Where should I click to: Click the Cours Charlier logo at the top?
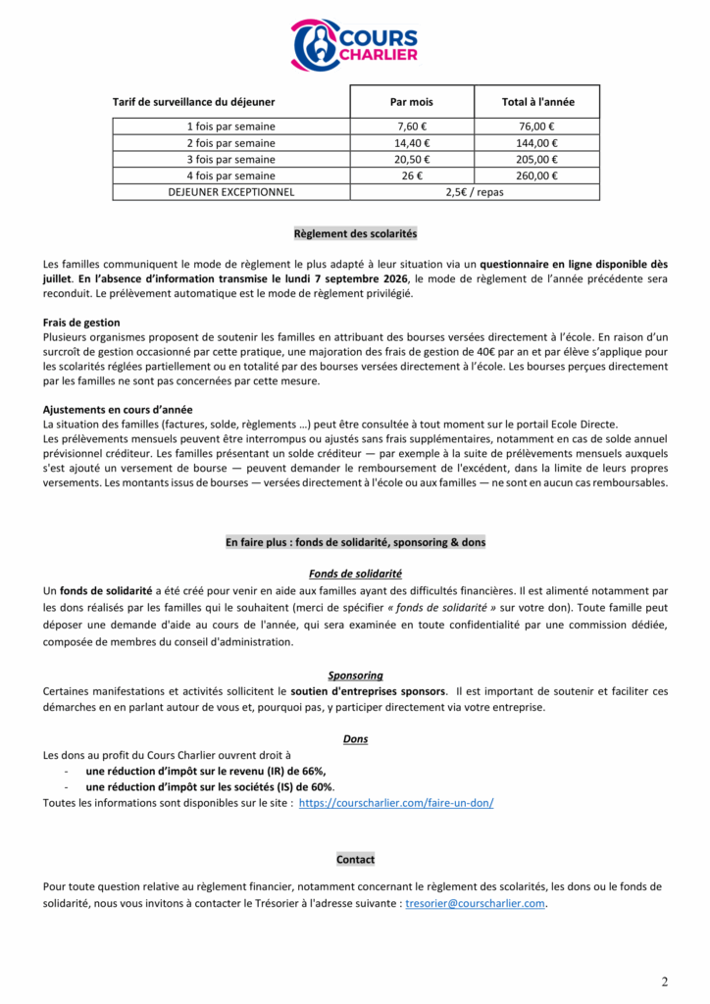click(354, 45)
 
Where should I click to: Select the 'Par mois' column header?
click(412, 102)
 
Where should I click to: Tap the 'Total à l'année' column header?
click(537, 102)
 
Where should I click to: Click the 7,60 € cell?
click(412, 126)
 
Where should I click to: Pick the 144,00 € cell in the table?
click(537, 143)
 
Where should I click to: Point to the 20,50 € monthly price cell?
click(412, 160)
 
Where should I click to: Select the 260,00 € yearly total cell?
click(537, 176)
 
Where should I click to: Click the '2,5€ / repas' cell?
click(475, 192)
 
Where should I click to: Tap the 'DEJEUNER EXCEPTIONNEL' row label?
click(231, 192)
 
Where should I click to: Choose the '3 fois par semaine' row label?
click(231, 160)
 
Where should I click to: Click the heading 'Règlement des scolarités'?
click(355, 234)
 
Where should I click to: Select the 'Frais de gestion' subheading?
click(81, 323)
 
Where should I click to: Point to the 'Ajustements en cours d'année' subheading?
click(118, 410)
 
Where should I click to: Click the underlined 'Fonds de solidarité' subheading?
click(355, 574)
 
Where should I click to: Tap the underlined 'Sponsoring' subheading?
click(355, 676)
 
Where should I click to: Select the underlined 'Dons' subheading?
click(355, 739)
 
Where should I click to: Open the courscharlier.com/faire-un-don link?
click(395, 803)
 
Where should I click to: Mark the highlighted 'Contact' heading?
click(355, 860)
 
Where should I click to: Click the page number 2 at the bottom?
click(664, 982)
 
